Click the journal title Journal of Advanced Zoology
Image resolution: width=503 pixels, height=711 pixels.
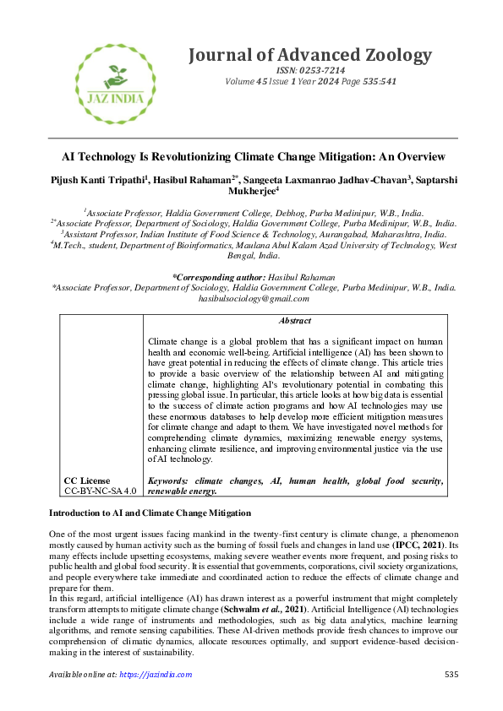coord(309,56)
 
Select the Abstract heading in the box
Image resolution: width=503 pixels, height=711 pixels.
coord(294,321)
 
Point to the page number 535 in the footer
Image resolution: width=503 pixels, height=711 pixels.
coord(451,675)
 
